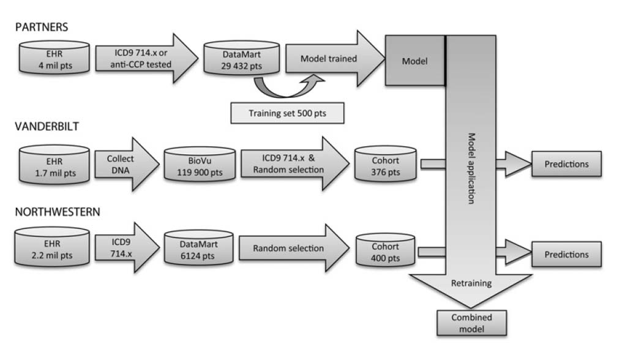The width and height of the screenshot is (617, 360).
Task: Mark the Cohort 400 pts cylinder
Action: [385, 252]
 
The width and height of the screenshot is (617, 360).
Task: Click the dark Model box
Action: [414, 61]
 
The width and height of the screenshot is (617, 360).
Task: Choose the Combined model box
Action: [471, 323]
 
